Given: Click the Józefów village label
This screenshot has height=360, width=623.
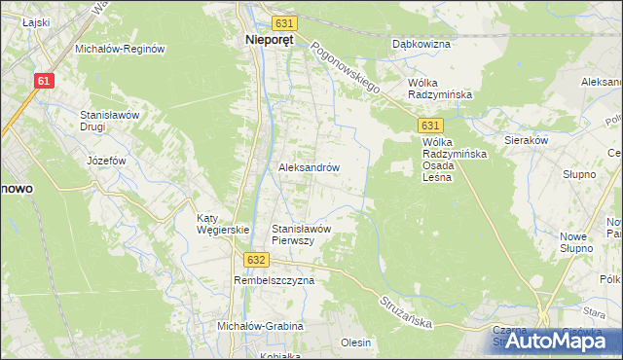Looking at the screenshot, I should tap(107, 160).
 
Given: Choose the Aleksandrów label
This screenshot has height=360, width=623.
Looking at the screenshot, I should tap(309, 167).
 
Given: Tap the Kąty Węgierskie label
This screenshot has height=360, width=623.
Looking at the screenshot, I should tap(223, 223).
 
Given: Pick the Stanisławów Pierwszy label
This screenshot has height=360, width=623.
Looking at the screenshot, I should tap(303, 234).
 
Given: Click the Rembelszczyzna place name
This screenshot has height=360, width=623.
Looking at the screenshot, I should tap(275, 280).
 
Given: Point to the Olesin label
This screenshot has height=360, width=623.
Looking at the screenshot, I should tap(356, 342).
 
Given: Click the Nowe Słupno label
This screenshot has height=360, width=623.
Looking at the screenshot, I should tap(577, 242).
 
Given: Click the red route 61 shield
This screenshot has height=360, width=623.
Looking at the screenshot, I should tap(43, 81).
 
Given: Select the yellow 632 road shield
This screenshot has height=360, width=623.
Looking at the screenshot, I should tap(256, 260).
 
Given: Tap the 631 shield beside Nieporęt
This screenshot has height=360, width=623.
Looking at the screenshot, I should tap(284, 22).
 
